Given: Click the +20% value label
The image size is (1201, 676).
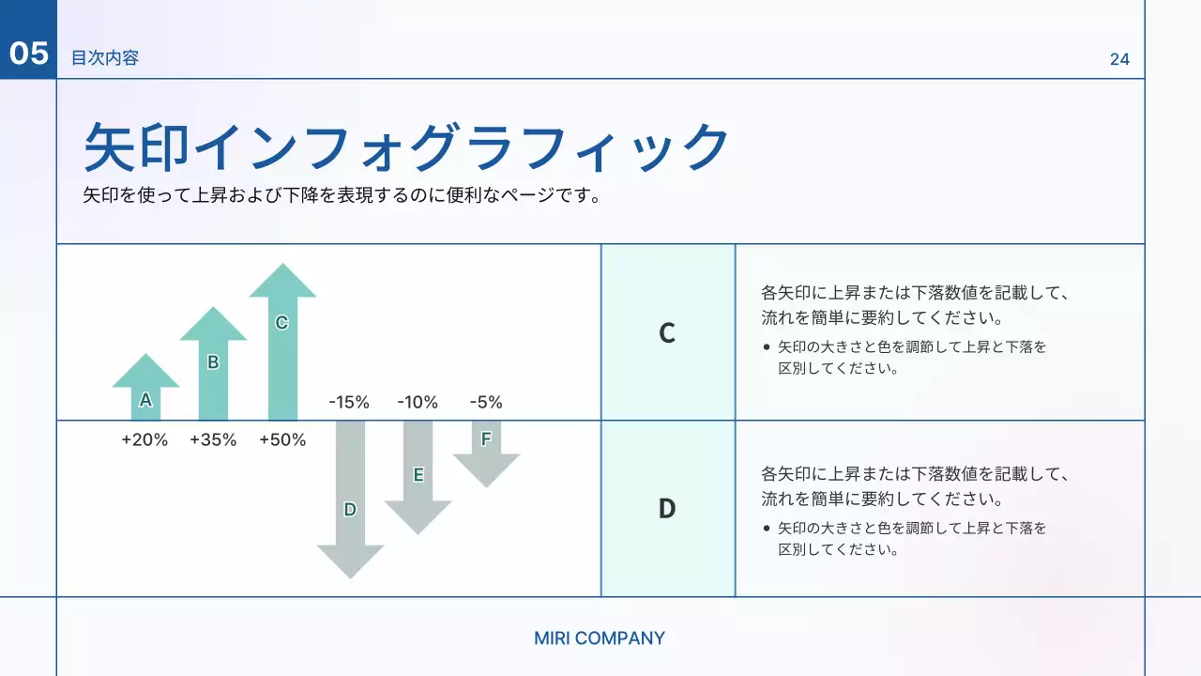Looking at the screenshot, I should [144, 439].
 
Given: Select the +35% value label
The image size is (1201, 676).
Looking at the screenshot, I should [213, 439].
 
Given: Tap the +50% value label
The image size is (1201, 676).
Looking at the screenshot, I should [282, 439].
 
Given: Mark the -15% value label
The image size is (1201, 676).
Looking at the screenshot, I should [349, 403].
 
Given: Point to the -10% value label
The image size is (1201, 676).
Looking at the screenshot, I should [418, 403].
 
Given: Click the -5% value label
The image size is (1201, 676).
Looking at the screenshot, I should [486, 403].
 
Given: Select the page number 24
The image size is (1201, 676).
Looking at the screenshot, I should [1119, 59].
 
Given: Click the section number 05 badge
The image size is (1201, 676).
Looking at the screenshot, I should [28, 54].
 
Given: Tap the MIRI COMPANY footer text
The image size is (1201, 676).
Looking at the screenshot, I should [600, 638].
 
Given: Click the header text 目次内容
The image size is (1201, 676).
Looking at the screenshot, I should [105, 58].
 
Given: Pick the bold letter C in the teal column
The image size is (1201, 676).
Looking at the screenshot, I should [667, 333].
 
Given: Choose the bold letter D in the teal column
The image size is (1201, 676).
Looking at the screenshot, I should [667, 509].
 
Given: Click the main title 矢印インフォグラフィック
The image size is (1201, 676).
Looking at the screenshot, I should [406, 146].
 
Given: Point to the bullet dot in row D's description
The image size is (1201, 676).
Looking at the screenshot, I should [768, 529].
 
